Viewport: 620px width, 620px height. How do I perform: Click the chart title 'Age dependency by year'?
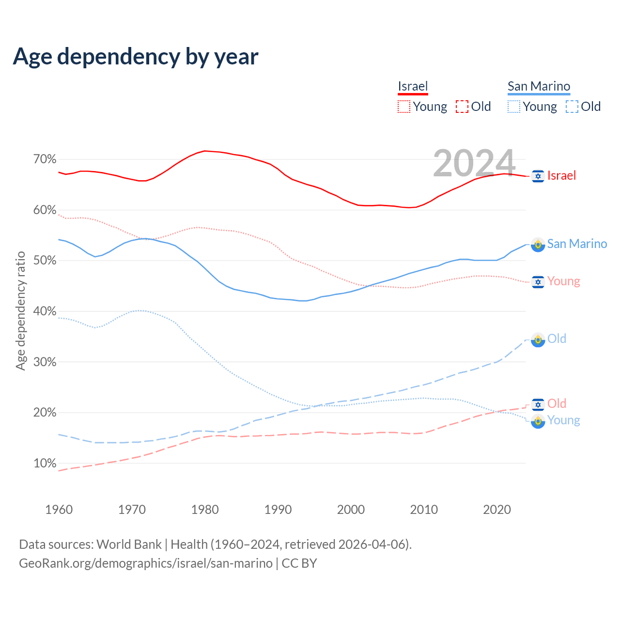[136, 56]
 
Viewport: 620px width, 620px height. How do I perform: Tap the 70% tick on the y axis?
[45, 159]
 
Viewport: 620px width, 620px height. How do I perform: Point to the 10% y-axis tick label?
[45, 464]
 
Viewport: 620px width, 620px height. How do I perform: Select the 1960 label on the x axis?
[59, 510]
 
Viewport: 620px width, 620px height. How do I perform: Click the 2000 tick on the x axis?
[351, 510]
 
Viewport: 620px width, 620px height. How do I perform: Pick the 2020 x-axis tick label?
[497, 510]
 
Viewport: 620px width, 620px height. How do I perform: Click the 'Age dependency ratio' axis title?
[20, 310]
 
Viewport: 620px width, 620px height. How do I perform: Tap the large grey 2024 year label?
[474, 163]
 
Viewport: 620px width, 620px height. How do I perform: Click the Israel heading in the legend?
[413, 86]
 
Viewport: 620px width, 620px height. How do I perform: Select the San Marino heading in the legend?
[539, 86]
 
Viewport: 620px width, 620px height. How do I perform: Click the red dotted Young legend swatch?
[404, 107]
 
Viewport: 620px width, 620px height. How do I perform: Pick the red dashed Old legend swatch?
[462, 107]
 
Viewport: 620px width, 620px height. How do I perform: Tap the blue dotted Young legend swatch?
[514, 107]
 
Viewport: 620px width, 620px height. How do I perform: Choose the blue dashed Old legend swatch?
[572, 107]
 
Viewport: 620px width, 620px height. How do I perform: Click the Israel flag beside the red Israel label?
[538, 176]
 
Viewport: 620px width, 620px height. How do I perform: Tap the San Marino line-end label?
[577, 244]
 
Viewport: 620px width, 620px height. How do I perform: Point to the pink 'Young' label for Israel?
[563, 281]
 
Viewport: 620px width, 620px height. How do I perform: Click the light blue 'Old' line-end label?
[557, 339]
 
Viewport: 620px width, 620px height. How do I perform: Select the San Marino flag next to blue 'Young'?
[538, 421]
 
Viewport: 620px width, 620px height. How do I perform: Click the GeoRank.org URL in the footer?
[145, 563]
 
